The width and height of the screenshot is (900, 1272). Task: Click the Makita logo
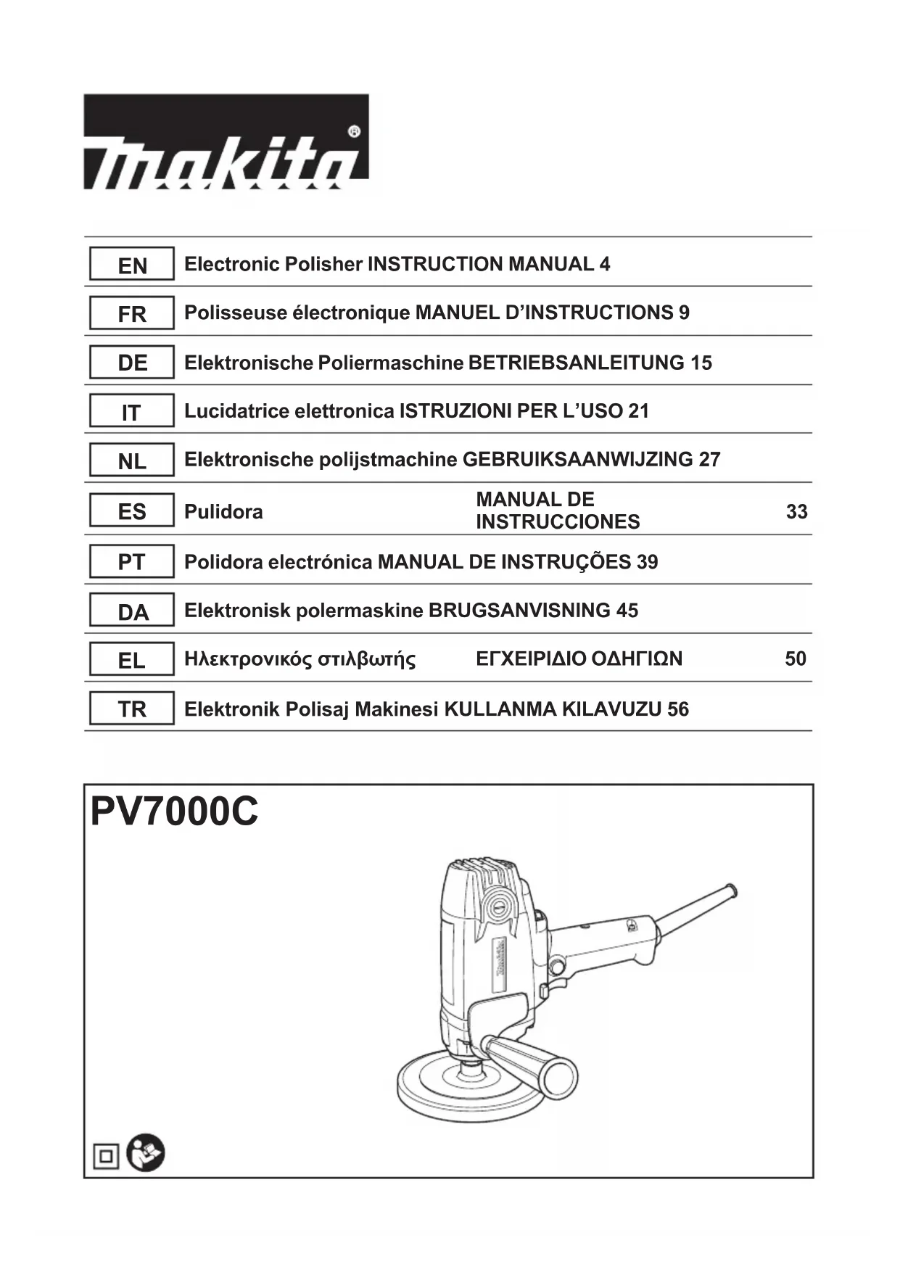(x=226, y=141)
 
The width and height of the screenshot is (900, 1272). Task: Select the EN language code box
(x=131, y=265)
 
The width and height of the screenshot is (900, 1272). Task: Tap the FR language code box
(x=131, y=314)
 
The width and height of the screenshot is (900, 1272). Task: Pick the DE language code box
(x=131, y=363)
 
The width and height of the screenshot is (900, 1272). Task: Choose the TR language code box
(x=131, y=709)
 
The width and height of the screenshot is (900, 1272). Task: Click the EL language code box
(x=131, y=661)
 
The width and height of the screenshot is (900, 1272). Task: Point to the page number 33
(x=796, y=512)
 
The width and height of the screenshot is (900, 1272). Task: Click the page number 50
(x=796, y=659)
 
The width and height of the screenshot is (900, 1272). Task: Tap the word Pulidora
(x=223, y=512)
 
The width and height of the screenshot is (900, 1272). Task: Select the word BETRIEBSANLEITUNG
(x=576, y=363)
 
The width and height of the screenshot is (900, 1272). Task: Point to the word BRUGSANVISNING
(x=519, y=611)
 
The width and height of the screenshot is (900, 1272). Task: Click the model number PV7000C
(x=174, y=812)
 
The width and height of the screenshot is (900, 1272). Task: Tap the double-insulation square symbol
(x=106, y=1156)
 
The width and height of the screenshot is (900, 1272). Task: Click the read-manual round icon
(x=146, y=1153)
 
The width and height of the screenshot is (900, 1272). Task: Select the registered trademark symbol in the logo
(x=354, y=132)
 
